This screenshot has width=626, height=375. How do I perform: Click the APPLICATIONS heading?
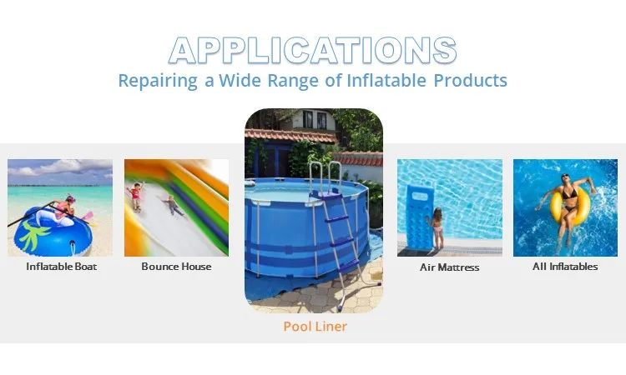click(x=313, y=51)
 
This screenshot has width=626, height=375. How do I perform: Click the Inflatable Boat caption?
click(x=61, y=267)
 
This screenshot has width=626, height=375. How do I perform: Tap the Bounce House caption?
click(x=176, y=267)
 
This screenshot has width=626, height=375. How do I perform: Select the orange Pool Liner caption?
click(x=315, y=326)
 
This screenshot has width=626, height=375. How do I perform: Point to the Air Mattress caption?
click(x=449, y=267)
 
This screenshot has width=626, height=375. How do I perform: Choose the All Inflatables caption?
click(x=565, y=267)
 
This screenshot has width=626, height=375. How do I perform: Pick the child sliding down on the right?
click(x=171, y=204)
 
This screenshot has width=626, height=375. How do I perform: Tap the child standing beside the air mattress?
click(x=437, y=229)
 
